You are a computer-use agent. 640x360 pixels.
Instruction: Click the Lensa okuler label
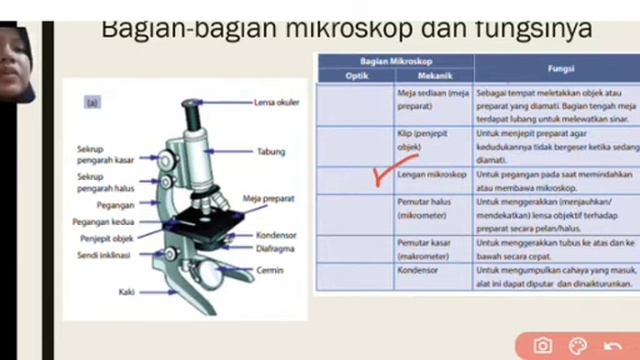(x=278, y=101)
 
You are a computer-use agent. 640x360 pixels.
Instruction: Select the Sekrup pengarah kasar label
(x=105, y=154)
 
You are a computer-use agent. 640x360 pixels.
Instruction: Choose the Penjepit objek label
(x=107, y=238)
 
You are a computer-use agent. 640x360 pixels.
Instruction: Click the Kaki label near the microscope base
(x=126, y=292)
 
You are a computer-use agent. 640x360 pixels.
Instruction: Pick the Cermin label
(x=269, y=270)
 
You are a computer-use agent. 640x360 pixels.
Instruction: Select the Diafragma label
(x=275, y=248)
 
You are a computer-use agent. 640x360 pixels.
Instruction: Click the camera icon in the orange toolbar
(x=542, y=346)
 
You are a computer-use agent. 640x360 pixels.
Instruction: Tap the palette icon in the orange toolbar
(x=578, y=346)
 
